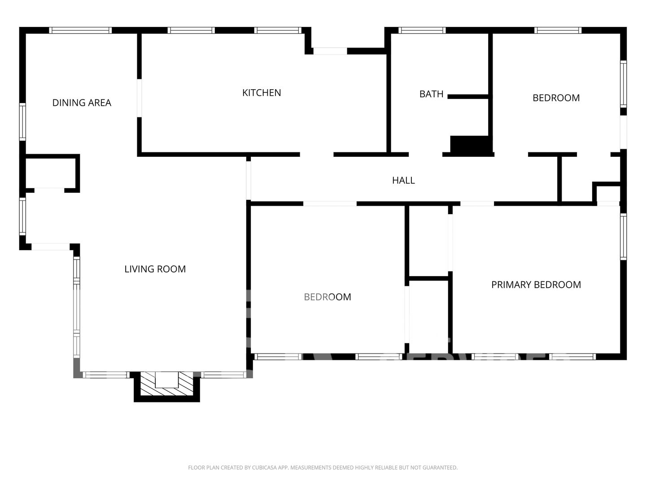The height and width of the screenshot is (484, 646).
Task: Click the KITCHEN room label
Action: tap(262, 93)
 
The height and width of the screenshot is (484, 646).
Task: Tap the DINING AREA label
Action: tap(82, 103)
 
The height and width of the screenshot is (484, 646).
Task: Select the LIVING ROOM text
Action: tap(155, 269)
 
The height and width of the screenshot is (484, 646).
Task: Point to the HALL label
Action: tap(403, 181)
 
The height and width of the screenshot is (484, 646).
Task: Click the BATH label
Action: tap(431, 94)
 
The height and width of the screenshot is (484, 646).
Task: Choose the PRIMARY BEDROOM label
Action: tap(536, 285)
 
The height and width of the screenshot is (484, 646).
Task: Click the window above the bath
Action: tap(422, 30)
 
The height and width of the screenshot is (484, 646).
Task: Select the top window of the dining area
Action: tap(80, 30)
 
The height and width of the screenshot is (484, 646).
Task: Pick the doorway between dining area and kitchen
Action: tap(140, 98)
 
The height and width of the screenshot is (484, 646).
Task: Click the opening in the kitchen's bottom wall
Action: tap(317, 155)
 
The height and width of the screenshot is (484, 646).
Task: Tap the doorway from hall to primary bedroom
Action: tap(477, 203)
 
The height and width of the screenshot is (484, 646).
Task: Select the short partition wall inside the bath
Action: tap(468, 97)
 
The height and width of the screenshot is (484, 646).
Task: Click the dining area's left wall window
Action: tap(22, 121)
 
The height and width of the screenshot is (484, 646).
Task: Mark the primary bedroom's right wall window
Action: tap(623, 237)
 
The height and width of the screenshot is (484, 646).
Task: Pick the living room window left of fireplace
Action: tap(106, 375)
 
